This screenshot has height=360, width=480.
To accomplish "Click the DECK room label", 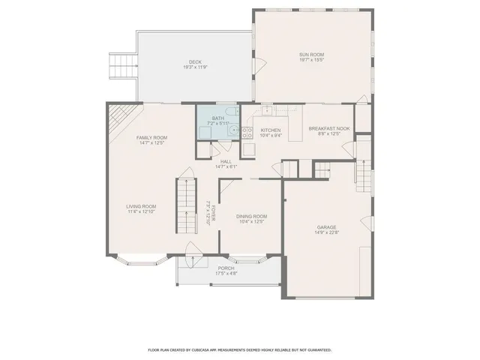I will coord(195,61).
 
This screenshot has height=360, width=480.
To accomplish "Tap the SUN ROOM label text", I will coord(311,54).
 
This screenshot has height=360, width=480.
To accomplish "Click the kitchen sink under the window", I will coord(268,110).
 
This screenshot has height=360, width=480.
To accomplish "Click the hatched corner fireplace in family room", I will coord(116,117).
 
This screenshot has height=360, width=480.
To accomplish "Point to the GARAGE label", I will coord(326,226).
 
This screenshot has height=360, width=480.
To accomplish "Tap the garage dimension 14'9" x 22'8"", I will coord(326,232).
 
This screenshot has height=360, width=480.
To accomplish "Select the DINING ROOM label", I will coord(252,216).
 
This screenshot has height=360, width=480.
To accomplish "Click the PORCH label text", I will coord(226,268).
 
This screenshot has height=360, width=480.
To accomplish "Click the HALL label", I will coord(226,161).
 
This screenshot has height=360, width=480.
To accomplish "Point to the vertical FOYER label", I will coord(213,214).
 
